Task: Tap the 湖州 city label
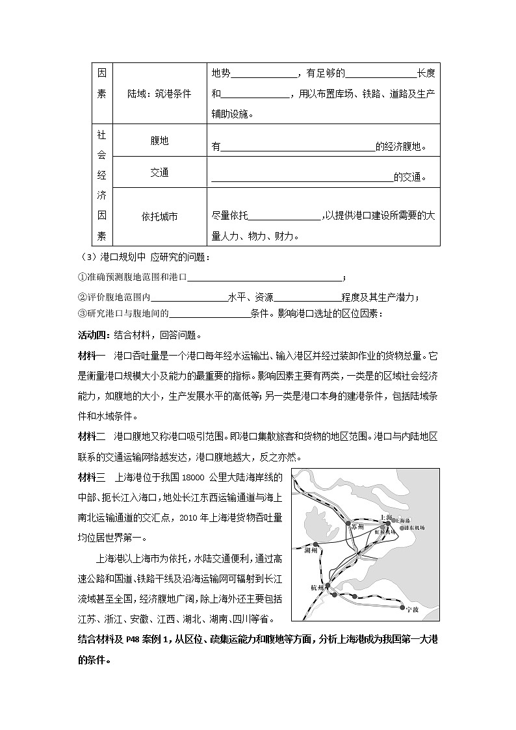tap(311, 549)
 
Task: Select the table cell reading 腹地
tap(159, 140)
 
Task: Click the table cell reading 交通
tap(159, 172)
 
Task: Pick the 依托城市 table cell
tap(159, 216)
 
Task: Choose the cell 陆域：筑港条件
tap(159, 94)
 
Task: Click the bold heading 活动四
tap(94, 336)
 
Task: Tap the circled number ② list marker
tap(82, 298)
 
